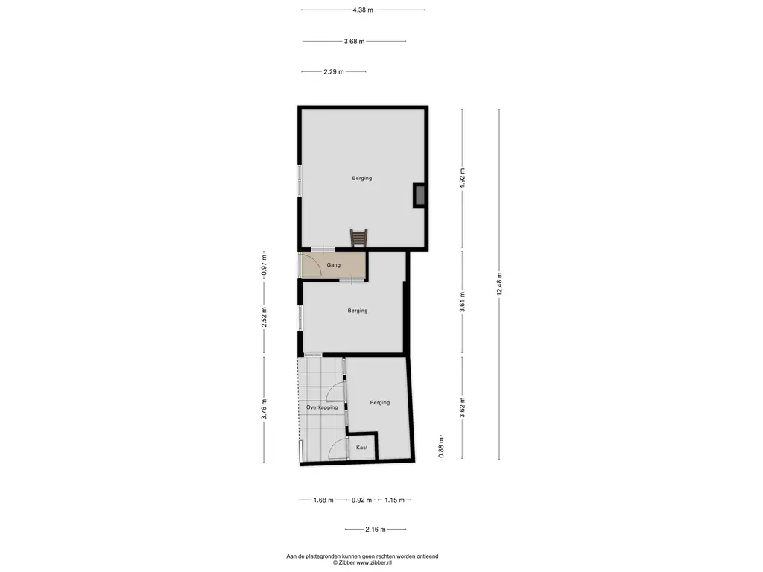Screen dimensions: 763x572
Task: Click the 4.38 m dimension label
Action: point(363,10)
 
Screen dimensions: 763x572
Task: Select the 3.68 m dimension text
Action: point(354,42)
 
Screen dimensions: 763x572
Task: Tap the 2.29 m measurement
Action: point(334,72)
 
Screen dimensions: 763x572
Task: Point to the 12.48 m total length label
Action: point(499,284)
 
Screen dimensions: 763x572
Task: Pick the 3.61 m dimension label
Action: point(462,302)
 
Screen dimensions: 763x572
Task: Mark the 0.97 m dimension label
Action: point(265,265)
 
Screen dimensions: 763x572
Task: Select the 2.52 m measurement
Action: point(265,317)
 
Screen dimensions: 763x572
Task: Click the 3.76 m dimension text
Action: point(265,409)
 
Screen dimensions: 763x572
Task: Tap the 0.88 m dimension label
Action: point(441,448)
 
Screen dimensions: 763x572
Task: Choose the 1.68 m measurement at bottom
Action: point(323,500)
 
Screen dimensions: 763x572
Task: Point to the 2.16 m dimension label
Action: point(376,530)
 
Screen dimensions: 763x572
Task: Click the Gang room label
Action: point(333,265)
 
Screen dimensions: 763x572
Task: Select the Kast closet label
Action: point(361,448)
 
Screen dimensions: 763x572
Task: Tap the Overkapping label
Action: point(322,407)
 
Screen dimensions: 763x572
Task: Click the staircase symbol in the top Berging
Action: point(358,238)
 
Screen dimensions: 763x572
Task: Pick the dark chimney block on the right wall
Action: point(419,196)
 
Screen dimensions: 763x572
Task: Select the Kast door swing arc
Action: point(337,448)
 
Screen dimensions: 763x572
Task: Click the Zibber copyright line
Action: point(362,563)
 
